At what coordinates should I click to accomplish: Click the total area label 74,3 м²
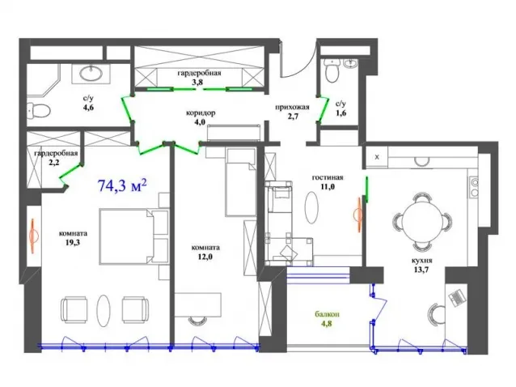coord(122,185)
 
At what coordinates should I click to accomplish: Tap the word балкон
coord(327,314)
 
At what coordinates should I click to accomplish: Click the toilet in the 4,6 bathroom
coord(39,110)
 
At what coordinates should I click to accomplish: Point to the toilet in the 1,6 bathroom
coord(332,70)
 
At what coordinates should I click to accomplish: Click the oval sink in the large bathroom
coord(91,73)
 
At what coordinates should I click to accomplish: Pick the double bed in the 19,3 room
coord(126,236)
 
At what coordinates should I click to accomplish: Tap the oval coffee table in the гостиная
coord(311,207)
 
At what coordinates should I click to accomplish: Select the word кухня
coord(422,261)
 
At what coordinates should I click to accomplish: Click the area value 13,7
coord(421,270)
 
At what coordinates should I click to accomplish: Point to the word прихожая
coord(292,107)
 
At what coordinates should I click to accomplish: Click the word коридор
coord(201,113)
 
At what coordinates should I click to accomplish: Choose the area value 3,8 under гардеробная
coord(197,82)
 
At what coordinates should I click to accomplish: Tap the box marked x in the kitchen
coord(377,157)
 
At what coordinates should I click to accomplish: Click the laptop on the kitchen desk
coord(458,298)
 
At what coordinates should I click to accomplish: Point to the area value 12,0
coord(205,256)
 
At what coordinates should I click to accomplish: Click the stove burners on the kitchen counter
coord(474,187)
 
